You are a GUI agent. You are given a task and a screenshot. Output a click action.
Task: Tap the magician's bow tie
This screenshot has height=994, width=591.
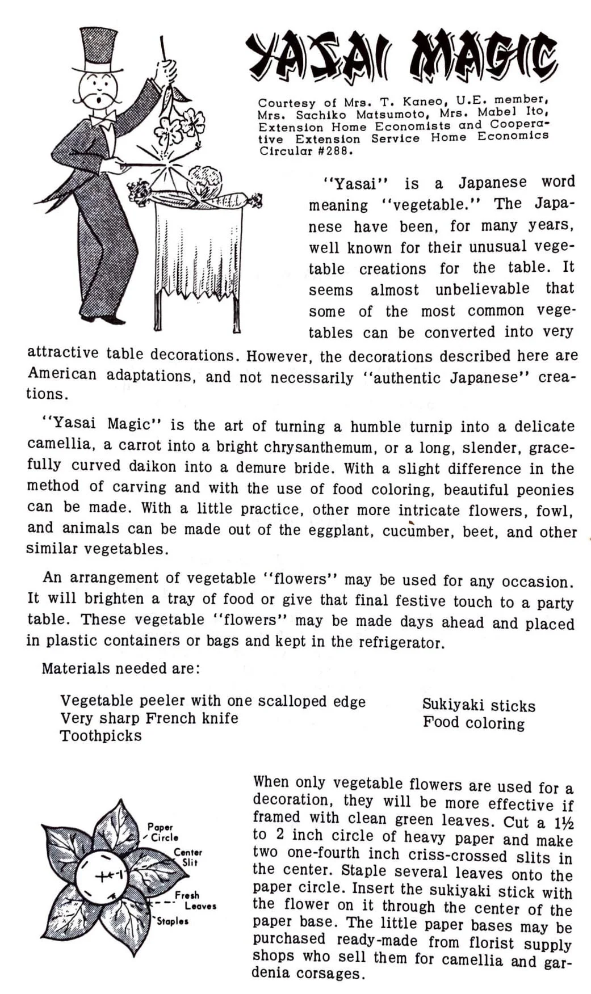point(102,120)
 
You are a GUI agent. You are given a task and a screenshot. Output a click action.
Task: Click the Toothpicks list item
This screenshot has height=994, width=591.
point(100,736)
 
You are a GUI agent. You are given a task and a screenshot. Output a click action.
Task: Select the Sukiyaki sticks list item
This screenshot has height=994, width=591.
point(479,705)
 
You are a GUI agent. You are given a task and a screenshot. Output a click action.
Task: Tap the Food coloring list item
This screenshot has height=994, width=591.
point(473,723)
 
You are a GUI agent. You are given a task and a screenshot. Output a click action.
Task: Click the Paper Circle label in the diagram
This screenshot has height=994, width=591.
point(162,832)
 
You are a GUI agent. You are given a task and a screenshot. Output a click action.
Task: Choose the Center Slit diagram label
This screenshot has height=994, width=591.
point(187,857)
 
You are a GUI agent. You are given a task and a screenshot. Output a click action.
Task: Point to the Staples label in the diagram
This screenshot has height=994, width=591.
point(172,921)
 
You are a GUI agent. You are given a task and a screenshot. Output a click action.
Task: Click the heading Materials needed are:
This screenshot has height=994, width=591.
point(121,668)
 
